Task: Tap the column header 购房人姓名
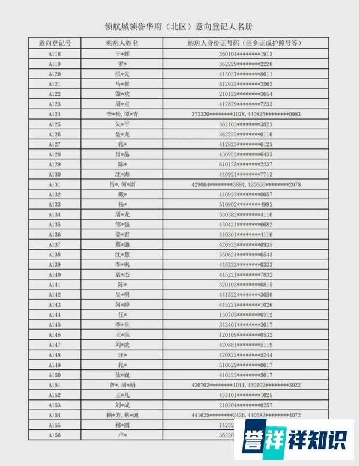122,44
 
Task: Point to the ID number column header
244,44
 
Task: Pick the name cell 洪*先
122,74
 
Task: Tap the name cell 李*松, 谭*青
122,114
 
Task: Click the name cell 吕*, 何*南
122,184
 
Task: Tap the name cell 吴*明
122,295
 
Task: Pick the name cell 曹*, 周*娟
122,385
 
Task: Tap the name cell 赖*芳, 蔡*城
122,415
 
